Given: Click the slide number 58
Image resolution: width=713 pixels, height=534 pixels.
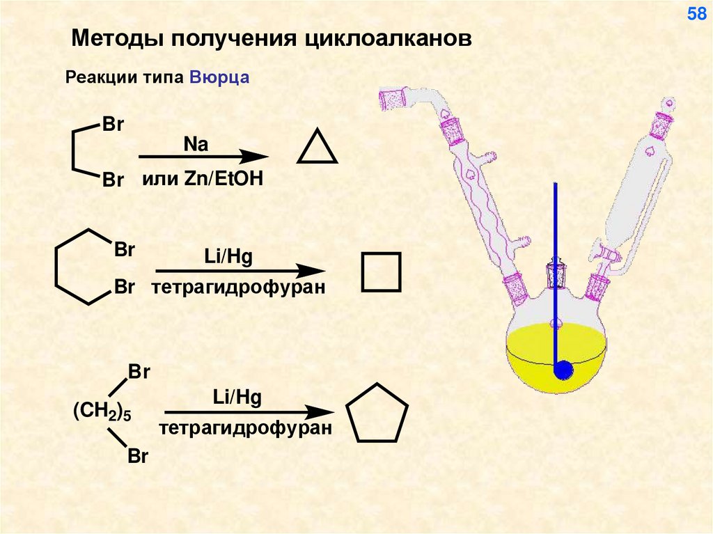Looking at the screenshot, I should (696, 14).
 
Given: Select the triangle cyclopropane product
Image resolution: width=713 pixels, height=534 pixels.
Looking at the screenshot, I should (318, 148).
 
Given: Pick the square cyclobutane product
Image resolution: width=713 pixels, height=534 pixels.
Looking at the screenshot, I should (381, 272).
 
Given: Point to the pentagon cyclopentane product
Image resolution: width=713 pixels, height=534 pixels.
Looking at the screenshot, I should (377, 414).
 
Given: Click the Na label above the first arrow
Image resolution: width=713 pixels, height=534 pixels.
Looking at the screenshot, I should (196, 144).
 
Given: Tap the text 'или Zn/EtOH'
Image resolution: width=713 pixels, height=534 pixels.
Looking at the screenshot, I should (203, 180).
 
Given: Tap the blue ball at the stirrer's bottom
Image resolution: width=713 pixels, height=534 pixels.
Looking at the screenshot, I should (562, 370).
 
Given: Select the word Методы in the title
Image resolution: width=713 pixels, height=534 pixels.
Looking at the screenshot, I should (112, 38).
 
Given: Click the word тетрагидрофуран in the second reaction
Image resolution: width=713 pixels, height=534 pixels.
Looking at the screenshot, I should (238, 287).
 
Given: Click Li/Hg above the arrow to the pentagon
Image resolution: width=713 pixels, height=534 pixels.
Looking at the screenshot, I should (237, 398).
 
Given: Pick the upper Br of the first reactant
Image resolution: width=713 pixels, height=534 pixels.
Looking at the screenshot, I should (113, 125).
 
